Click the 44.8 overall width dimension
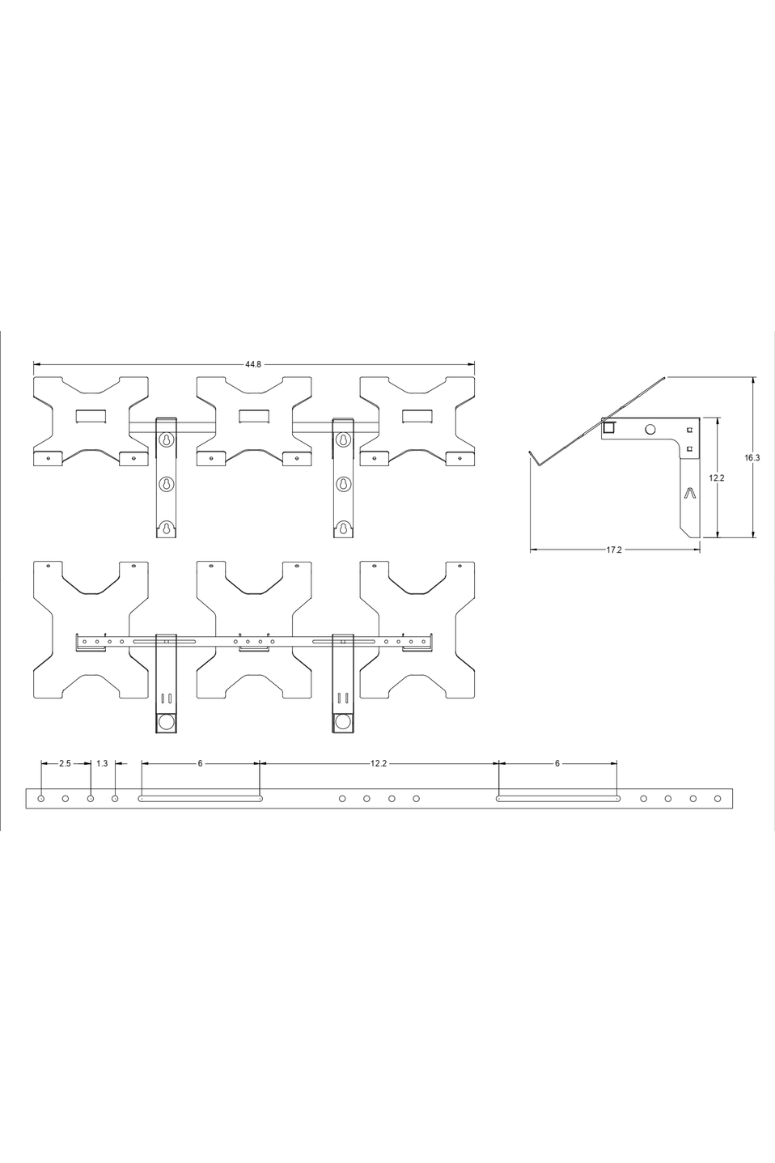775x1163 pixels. [x=253, y=364]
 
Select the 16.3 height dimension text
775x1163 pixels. [x=752, y=457]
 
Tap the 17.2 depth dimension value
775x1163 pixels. [x=614, y=550]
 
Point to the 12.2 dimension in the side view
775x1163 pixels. [x=716, y=478]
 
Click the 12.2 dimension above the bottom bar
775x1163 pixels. [x=379, y=763]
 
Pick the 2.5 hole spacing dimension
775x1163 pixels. [x=65, y=763]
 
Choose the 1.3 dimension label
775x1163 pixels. [x=102, y=763]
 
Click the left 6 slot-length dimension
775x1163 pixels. [x=200, y=763]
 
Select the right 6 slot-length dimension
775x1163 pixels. [x=557, y=763]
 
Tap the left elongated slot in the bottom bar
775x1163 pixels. [x=201, y=799]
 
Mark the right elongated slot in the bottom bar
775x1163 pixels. [x=557, y=799]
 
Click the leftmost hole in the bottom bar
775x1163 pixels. [x=41, y=799]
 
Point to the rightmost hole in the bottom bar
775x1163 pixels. [x=718, y=799]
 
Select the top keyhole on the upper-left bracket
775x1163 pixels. [x=166, y=440]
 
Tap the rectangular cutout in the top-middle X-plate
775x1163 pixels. [x=254, y=416]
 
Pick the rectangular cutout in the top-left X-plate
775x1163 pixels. [x=91, y=416]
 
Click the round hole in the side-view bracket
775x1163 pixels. [x=650, y=429]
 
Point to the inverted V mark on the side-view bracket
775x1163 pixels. [x=688, y=493]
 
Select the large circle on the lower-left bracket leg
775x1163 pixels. [x=166, y=721]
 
